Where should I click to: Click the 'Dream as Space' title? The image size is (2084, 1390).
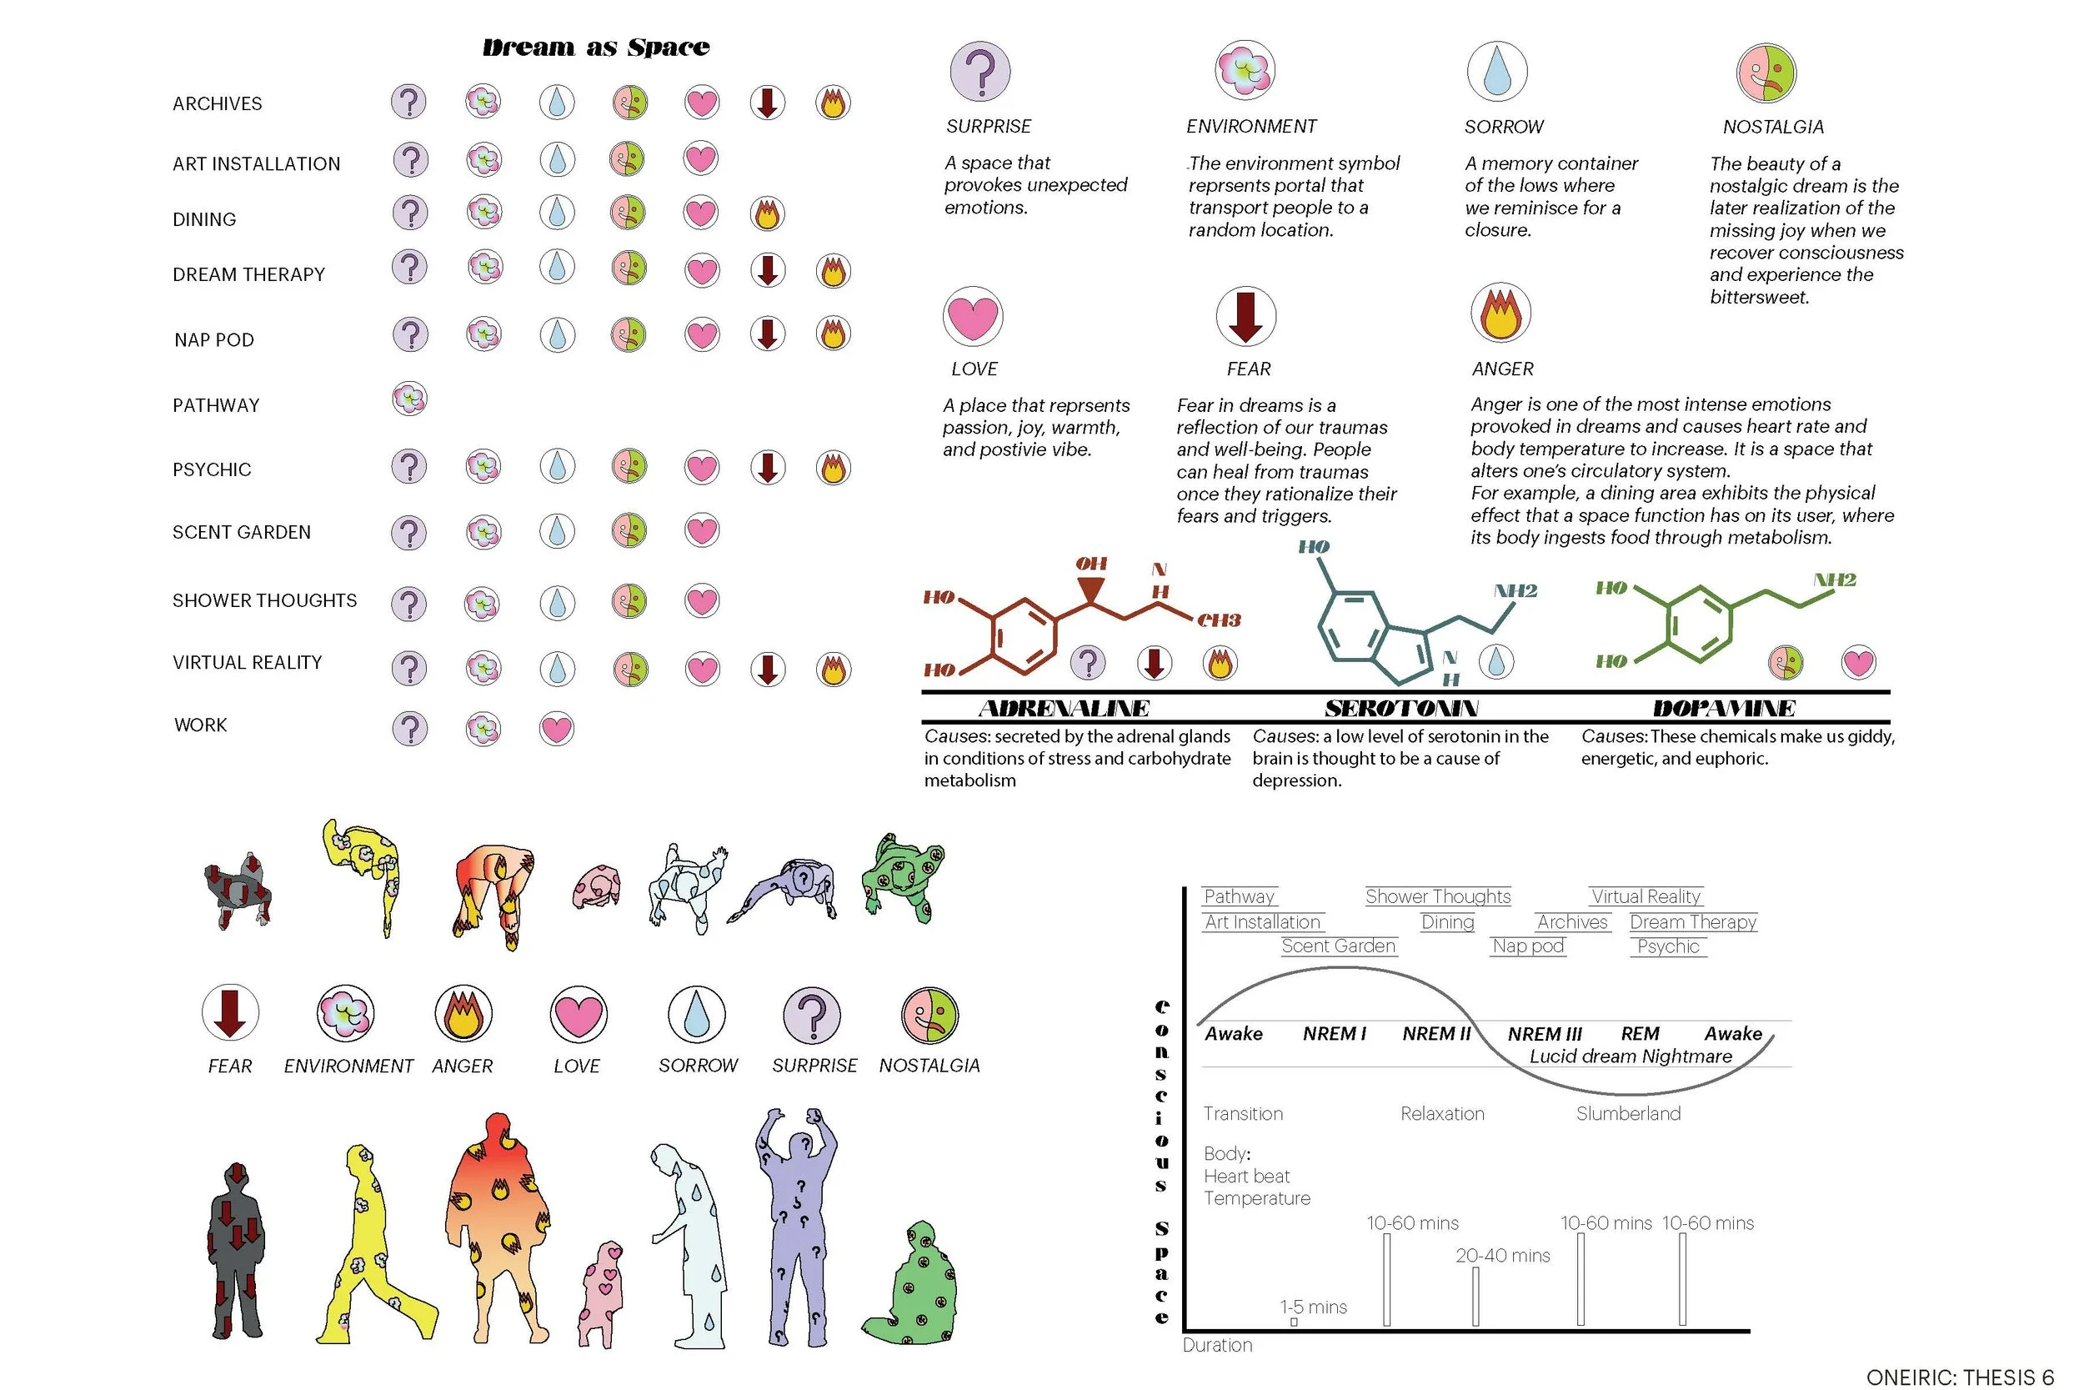click(595, 47)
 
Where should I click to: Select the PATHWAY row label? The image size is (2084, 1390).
click(216, 405)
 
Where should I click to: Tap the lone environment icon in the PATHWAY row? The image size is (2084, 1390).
click(409, 399)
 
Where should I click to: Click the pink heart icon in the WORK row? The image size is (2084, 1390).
click(557, 729)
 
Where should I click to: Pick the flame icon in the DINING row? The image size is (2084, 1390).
click(767, 213)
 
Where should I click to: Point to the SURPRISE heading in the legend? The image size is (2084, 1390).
click(988, 127)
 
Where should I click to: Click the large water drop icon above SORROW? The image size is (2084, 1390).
click(1496, 71)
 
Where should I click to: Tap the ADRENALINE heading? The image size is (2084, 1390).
click(1064, 708)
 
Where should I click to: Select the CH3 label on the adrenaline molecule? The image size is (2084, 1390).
click(1219, 620)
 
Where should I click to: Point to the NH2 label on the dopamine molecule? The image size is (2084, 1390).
click(1833, 580)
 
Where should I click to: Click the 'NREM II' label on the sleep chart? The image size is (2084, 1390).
click(1435, 1034)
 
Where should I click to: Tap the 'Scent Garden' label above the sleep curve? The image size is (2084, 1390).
click(1338, 946)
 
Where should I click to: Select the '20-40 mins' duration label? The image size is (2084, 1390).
click(1502, 1255)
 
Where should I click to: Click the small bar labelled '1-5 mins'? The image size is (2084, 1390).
click(1294, 1322)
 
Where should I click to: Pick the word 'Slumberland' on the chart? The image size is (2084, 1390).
click(1628, 1113)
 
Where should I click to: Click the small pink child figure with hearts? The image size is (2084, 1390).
click(601, 1294)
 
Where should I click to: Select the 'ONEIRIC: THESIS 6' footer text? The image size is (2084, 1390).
click(1959, 1377)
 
